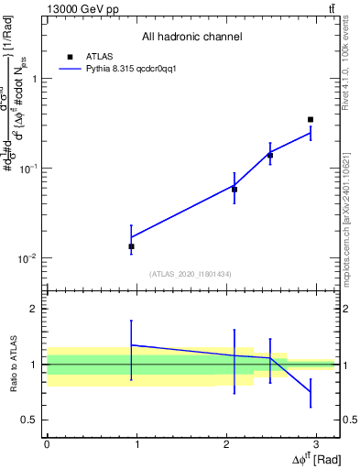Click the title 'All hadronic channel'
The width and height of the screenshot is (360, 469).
pyautogui.click(x=191, y=37)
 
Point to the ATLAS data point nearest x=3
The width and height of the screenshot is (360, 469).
pyautogui.click(x=311, y=119)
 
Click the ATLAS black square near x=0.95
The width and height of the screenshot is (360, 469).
pyautogui.click(x=131, y=246)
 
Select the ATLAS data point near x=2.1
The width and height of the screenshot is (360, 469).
pyautogui.click(x=235, y=190)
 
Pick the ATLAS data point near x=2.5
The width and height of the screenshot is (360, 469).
pyautogui.click(x=270, y=156)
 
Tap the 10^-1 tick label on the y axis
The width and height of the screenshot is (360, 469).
pyautogui.click(x=27, y=169)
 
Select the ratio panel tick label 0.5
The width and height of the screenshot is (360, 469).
pyautogui.click(x=29, y=420)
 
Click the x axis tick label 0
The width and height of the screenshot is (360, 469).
pyautogui.click(x=47, y=443)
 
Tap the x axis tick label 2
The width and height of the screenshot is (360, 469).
pyautogui.click(x=225, y=443)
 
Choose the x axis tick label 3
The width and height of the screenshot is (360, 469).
pyautogui.click(x=315, y=443)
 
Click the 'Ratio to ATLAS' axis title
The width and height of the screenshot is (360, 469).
pyautogui.click(x=13, y=364)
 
